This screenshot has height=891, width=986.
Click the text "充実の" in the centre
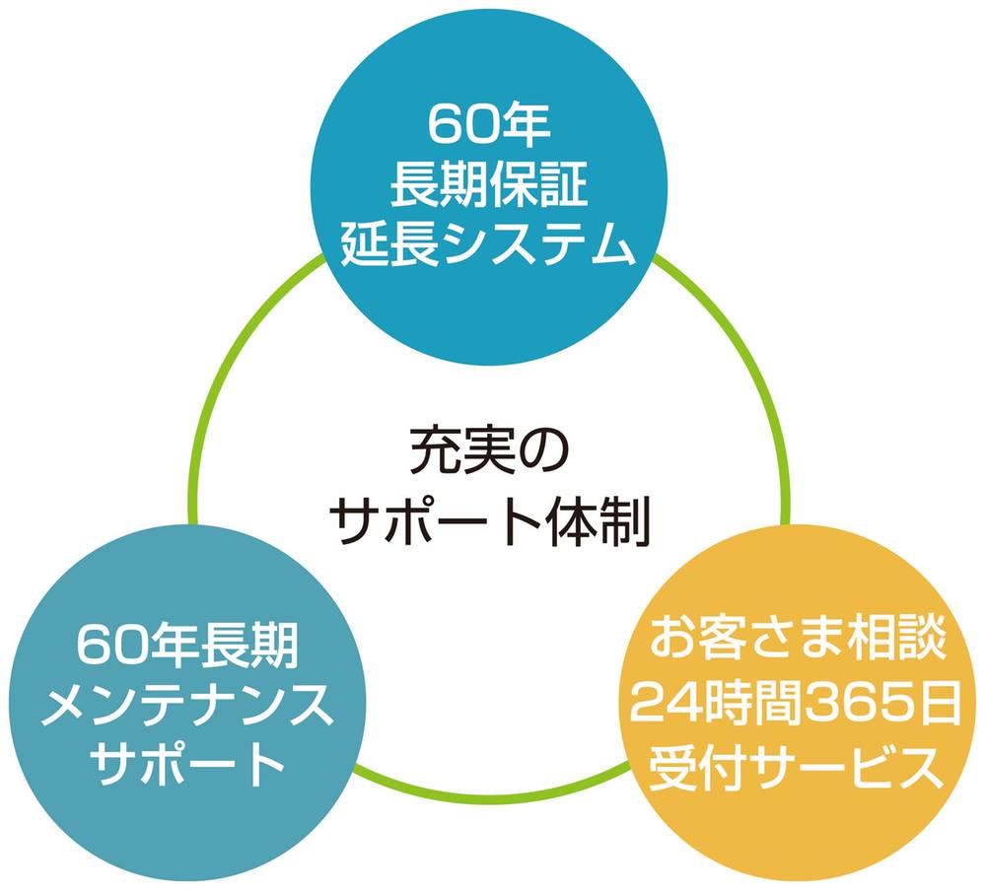coord(489,450)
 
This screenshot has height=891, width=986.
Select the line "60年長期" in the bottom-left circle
coord(186,647)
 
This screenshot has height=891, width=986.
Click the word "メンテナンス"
coord(186,705)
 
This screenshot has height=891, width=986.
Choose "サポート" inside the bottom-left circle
coord(186,763)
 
